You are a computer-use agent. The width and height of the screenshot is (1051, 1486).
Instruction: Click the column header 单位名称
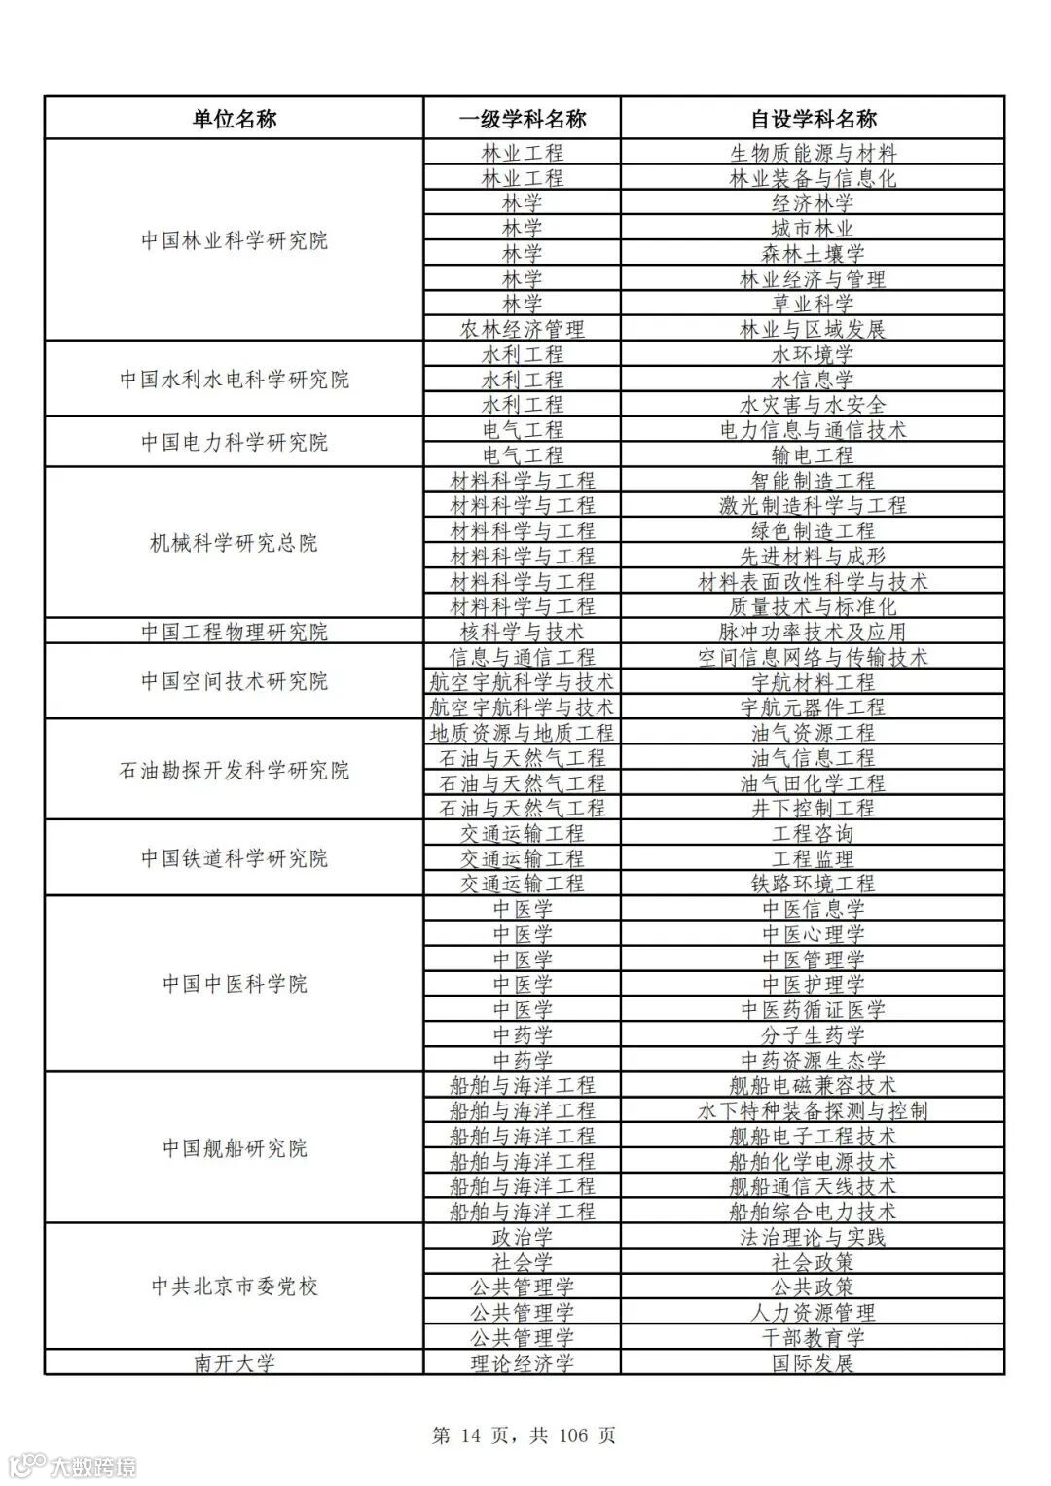(x=234, y=119)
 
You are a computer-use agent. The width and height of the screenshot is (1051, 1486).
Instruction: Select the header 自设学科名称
(x=813, y=119)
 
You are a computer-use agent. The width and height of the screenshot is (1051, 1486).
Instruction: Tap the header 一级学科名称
(x=523, y=119)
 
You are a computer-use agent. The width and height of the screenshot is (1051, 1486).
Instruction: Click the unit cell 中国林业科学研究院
(x=234, y=240)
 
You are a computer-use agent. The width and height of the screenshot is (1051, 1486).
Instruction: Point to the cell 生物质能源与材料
(x=813, y=153)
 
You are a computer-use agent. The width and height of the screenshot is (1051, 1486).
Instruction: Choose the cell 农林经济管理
(x=523, y=329)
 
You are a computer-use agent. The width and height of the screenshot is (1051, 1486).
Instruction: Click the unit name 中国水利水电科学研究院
(x=234, y=379)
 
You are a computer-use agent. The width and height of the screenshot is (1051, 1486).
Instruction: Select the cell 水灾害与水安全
(x=813, y=404)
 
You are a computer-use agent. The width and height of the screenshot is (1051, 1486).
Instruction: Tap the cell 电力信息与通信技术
(x=813, y=429)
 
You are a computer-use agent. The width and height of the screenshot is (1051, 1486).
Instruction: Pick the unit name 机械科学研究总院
(x=234, y=542)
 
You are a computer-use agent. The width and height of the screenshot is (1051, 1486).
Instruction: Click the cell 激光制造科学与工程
(x=813, y=505)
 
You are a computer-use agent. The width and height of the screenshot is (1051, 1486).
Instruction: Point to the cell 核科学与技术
(x=523, y=632)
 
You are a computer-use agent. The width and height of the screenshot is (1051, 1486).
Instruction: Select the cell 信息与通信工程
(x=523, y=657)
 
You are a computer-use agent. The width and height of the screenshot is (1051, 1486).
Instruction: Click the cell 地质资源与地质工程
(x=523, y=732)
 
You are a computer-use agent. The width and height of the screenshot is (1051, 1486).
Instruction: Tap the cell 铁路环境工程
(x=813, y=884)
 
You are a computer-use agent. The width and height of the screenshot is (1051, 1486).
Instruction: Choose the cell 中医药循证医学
(x=813, y=1009)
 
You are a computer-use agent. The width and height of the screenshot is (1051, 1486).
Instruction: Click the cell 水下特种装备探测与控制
(x=813, y=1110)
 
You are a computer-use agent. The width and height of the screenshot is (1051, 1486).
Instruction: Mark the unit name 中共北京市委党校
(x=234, y=1287)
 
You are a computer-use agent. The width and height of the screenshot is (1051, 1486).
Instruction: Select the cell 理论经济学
(x=523, y=1362)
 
